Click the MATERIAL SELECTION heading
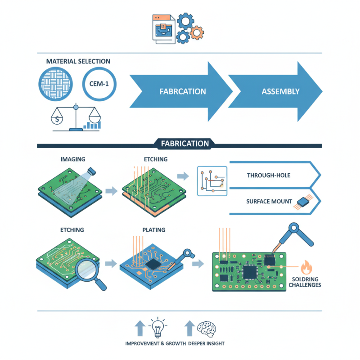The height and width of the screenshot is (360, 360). point(78,61)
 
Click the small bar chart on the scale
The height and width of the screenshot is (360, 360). point(94,124)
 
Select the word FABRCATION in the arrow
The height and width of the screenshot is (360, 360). point(183,91)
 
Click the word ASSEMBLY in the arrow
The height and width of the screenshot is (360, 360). point(280,91)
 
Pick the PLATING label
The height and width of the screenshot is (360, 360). point(153,230)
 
